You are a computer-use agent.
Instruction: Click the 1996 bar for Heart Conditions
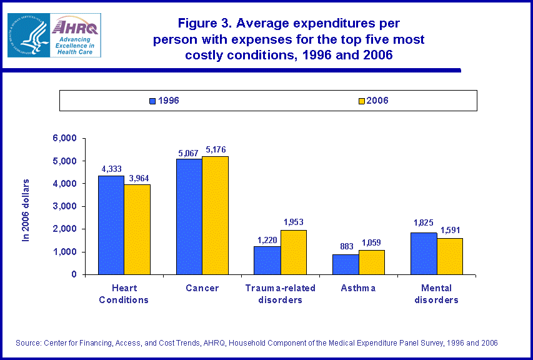(x=111, y=225)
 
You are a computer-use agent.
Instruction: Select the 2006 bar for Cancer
(x=215, y=216)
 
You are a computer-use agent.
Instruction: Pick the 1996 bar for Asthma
(x=346, y=264)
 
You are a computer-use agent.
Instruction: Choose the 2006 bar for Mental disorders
(x=450, y=256)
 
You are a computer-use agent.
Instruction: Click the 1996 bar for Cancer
(x=189, y=217)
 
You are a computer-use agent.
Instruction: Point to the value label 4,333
(x=111, y=169)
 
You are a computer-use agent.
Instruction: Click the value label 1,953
(x=293, y=222)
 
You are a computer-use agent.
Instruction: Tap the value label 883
(x=346, y=246)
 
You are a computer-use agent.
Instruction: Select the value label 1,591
(x=450, y=230)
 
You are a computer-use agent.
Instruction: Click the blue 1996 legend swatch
(x=152, y=101)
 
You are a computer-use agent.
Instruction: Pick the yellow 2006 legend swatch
(x=361, y=101)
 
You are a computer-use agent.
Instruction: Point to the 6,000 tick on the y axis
(x=65, y=138)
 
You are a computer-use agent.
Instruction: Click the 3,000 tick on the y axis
(x=65, y=206)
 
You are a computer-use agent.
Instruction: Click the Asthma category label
(x=359, y=288)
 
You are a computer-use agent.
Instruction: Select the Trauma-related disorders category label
(x=280, y=294)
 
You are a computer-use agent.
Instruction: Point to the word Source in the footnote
(x=29, y=343)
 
